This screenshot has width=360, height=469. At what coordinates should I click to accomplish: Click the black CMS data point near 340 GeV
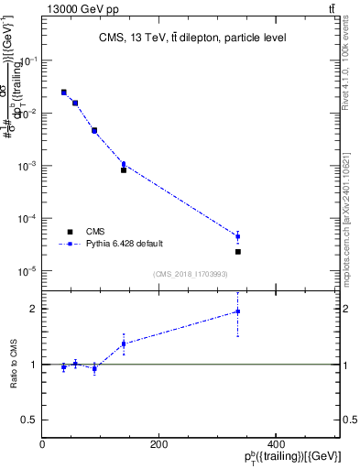(x=237, y=251)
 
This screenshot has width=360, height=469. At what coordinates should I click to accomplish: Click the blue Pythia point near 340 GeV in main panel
(x=237, y=236)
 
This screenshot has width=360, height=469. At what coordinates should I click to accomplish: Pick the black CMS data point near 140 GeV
(x=124, y=169)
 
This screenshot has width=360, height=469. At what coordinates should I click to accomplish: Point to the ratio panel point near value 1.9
(x=237, y=311)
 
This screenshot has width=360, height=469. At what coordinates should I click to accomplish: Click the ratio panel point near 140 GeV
(x=124, y=344)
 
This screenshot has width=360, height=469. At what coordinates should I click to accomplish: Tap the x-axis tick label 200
(x=158, y=444)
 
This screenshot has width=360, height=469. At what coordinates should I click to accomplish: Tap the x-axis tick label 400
(x=275, y=444)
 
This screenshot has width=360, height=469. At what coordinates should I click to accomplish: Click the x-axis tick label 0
(x=42, y=444)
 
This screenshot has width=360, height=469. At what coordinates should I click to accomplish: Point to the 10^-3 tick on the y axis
(x=27, y=166)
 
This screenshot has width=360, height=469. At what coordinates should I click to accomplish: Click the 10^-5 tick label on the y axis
(x=27, y=271)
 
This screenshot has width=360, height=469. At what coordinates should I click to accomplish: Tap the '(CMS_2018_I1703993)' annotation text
(x=191, y=273)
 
